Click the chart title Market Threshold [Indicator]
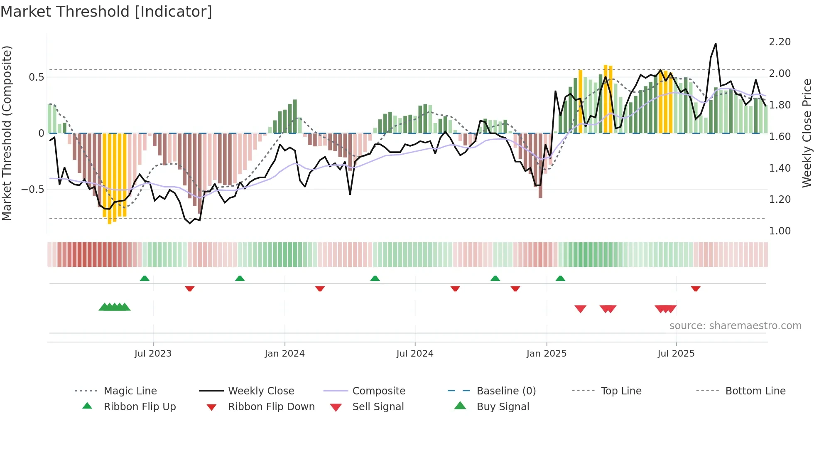[106, 12]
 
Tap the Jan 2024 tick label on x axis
[284, 354]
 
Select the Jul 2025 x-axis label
[676, 354]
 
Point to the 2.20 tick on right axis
[780, 42]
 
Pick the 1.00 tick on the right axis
[780, 231]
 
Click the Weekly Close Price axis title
[807, 133]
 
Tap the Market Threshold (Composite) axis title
[7, 133]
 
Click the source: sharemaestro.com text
[735, 326]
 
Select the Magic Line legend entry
[130, 391]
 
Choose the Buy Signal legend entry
[503, 407]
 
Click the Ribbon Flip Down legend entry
[271, 407]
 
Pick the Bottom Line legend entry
[755, 391]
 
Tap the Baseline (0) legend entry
[506, 391]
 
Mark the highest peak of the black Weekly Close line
[715, 44]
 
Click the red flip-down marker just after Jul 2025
[696, 288]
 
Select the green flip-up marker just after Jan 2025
[560, 278]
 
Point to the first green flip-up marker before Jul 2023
[145, 278]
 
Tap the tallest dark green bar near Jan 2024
[295, 116]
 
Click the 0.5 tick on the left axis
[37, 77]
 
